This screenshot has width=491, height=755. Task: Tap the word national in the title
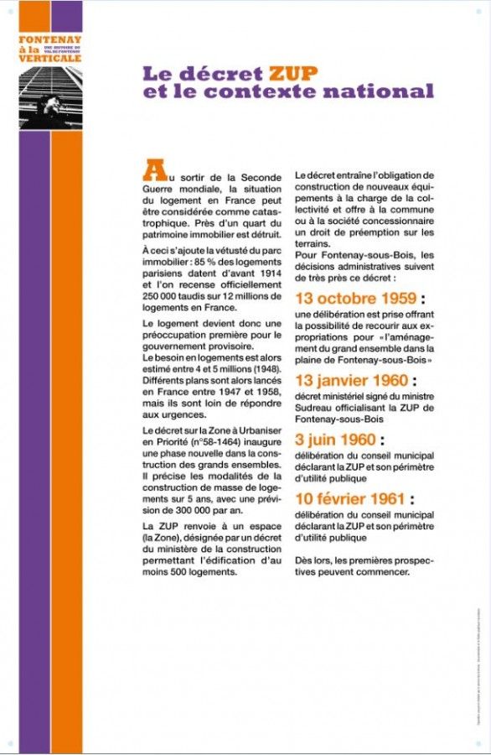(x=382, y=91)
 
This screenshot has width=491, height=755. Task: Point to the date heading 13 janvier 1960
(x=355, y=379)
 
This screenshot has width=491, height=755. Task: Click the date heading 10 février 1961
(x=354, y=499)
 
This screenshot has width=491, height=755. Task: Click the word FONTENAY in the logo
(x=50, y=39)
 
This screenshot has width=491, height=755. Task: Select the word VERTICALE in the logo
(x=50, y=59)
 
